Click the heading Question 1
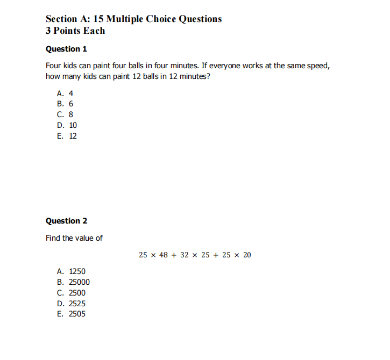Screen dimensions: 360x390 point(66,49)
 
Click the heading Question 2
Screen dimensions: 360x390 point(66,221)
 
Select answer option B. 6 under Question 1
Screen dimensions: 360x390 point(65,104)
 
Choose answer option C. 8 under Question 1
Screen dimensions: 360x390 point(65,114)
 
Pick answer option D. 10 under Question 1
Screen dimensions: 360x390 point(67,125)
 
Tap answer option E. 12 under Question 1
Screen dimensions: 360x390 point(67,136)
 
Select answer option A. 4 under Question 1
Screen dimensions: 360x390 point(65,93)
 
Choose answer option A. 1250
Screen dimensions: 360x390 point(71,271)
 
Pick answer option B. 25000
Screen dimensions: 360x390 point(73,282)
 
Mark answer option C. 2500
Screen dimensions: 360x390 point(71,293)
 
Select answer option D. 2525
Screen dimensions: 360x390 point(71,304)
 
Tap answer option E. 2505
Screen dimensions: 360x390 point(71,314)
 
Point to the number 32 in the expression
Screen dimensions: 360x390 point(184,255)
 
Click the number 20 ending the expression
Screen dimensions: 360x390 point(246,255)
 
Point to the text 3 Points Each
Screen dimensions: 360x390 point(75,31)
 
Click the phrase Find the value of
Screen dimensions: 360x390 point(74,238)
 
